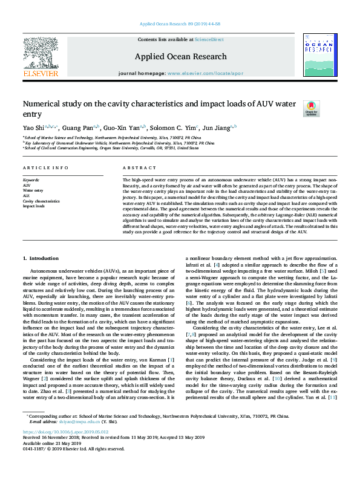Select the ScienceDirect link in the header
[x=209, y=39]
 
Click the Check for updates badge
[x=327, y=109]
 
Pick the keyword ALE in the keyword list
[x=26, y=195]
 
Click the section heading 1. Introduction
[x=42, y=258]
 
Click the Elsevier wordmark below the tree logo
[x=41, y=73]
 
